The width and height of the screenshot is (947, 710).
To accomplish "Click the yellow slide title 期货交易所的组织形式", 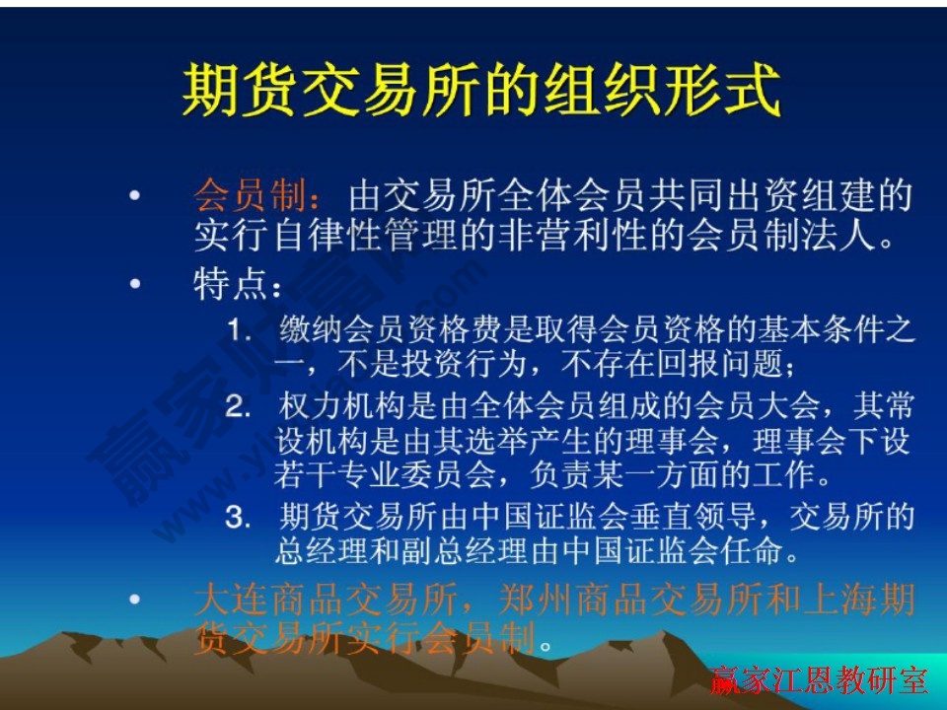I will [480, 92].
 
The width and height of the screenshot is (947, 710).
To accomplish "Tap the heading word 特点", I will [229, 286].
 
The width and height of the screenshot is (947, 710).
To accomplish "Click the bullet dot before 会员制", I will [134, 196].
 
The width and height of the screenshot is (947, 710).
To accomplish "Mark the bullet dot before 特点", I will [134, 286].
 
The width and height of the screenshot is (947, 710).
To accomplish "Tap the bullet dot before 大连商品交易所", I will [134, 599].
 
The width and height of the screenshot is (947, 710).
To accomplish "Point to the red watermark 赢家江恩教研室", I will [819, 679].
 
